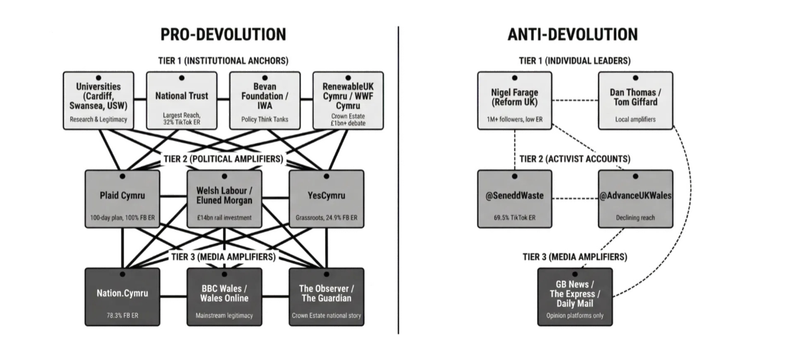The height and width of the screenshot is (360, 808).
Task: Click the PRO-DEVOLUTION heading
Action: pyautogui.click(x=223, y=34)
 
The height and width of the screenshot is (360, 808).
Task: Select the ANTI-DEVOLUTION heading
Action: pyautogui.click(x=572, y=34)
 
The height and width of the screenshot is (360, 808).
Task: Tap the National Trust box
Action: pyautogui.click(x=181, y=100)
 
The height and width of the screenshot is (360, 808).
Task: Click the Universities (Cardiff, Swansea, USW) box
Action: pyautogui.click(x=98, y=100)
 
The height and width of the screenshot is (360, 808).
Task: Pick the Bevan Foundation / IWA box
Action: pyautogui.click(x=265, y=100)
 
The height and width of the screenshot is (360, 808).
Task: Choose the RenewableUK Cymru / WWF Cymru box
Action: pyautogui.click(x=349, y=100)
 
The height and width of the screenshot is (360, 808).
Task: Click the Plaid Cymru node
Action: pyautogui.click(x=122, y=199)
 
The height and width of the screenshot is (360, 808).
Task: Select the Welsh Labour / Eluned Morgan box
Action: pyautogui.click(x=224, y=199)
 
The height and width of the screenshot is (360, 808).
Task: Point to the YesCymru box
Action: pyautogui.click(x=326, y=199)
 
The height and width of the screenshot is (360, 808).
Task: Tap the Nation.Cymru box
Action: pyautogui.click(x=122, y=296)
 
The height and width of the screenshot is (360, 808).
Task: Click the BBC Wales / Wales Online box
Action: pyautogui.click(x=224, y=296)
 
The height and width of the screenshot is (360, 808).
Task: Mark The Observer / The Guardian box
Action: pyautogui.click(x=326, y=296)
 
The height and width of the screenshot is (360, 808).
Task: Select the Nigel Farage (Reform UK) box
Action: pyautogui.click(x=515, y=100)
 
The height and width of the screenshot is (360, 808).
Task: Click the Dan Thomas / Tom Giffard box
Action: pyautogui.click(x=635, y=100)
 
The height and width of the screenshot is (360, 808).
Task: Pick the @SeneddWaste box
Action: pyautogui.click(x=515, y=199)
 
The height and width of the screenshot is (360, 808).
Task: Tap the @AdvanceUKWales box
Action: pyautogui.click(x=635, y=199)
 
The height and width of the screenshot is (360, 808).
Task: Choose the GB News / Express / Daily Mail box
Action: pyautogui.click(x=574, y=296)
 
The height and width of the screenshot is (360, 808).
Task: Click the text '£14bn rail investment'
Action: pyautogui.click(x=224, y=218)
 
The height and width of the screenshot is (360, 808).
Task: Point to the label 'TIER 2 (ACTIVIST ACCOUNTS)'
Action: pyautogui.click(x=574, y=159)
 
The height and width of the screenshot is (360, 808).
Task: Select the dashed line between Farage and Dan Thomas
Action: pyautogui.click(x=575, y=100)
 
